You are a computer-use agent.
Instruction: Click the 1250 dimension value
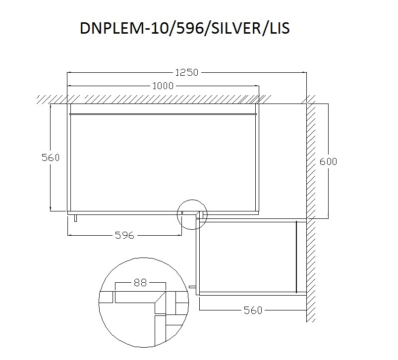[186, 72]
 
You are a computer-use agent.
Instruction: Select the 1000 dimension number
[163, 86]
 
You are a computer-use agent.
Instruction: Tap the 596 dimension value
[124, 235]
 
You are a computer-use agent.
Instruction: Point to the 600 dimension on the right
[328, 161]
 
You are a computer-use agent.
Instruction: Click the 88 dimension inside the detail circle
[140, 282]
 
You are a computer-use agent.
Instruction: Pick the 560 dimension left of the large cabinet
[51, 157]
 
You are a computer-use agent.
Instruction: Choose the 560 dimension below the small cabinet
[253, 310]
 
